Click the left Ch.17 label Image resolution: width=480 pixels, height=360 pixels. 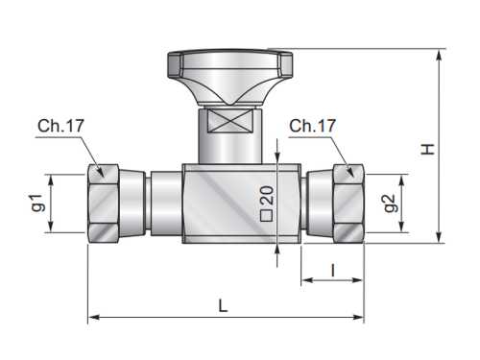(x=60, y=126)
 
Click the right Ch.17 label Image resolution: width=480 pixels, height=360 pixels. (x=312, y=126)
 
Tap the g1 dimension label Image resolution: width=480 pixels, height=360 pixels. (x=37, y=203)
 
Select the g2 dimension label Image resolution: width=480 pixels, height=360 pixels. (x=392, y=204)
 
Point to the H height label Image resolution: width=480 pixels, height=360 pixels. (x=427, y=150)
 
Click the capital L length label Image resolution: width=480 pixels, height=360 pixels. (x=223, y=305)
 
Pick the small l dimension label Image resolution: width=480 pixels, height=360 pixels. (x=333, y=271)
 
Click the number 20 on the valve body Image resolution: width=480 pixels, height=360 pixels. (x=267, y=196)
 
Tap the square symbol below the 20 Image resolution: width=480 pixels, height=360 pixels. (x=267, y=216)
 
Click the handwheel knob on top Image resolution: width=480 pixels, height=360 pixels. (x=230, y=77)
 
